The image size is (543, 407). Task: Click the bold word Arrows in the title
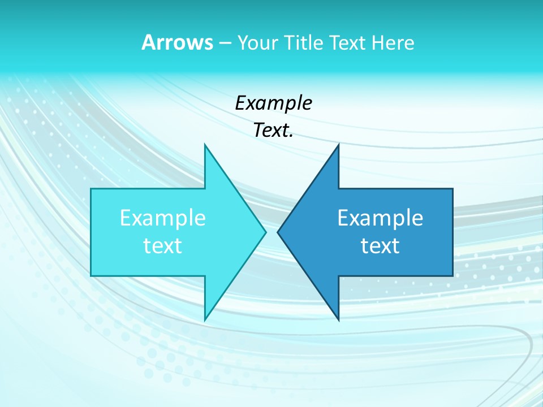coord(177,42)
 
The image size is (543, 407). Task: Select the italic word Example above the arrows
coord(273,103)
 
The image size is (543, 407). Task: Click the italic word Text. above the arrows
coord(273,131)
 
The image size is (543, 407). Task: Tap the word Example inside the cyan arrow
coord(163,218)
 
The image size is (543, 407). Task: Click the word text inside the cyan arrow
coord(163,245)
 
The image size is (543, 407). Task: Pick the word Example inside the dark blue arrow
coord(380,218)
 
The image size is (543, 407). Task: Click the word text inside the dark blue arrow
coord(380,245)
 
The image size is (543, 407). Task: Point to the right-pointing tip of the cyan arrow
coord(265,232)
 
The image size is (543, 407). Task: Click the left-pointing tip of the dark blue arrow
coord(278,232)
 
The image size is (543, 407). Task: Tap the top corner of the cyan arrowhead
coord(205,145)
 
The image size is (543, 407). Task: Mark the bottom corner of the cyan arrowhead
coord(205,320)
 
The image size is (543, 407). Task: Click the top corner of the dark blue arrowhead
coord(338,145)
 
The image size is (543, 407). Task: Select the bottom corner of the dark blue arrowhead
coord(338,320)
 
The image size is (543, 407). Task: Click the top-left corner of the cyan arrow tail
coord(91,189)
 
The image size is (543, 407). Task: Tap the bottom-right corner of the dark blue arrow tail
coord(453,276)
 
